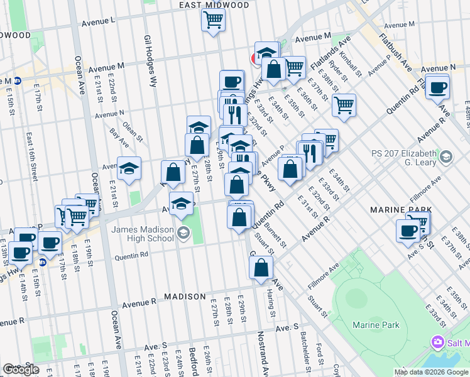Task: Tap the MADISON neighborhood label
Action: pyautogui.click(x=185, y=296)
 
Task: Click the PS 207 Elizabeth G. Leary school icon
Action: pyautogui.click(x=445, y=155)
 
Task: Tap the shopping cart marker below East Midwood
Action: pyautogui.click(x=213, y=21)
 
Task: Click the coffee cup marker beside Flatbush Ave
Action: pyautogui.click(x=437, y=87)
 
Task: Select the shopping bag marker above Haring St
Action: pyautogui.click(x=261, y=268)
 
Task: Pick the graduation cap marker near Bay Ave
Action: pyautogui.click(x=129, y=168)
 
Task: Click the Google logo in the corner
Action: pyautogui.click(x=20, y=369)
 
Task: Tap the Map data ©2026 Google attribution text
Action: pyautogui.click(x=431, y=372)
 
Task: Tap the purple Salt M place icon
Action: pyautogui.click(x=437, y=342)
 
